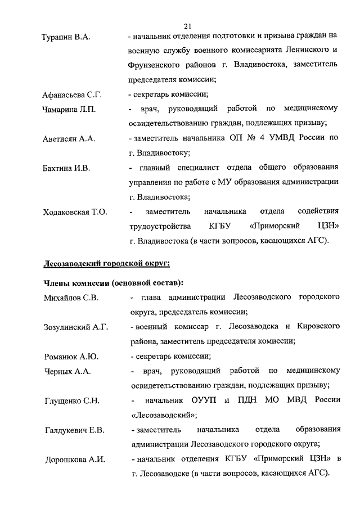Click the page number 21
point(187,25)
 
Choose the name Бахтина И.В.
point(66,168)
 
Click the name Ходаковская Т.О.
point(75,212)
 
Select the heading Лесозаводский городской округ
point(106,262)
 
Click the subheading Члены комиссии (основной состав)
point(114,282)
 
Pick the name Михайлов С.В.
point(71,298)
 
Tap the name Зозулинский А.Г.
point(76,327)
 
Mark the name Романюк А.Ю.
point(71,356)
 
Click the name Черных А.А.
point(67,371)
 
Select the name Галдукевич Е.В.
point(75,430)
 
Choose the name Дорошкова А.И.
point(75,460)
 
